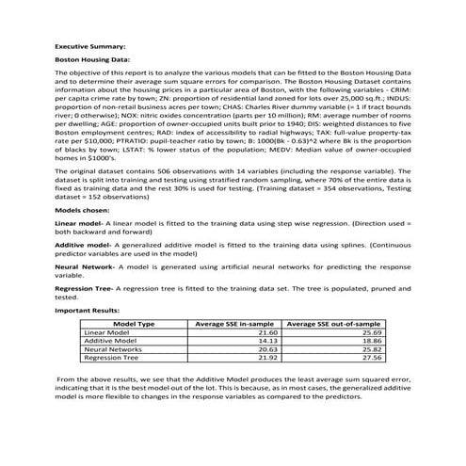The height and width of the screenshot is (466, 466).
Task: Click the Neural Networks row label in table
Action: click(111, 349)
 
